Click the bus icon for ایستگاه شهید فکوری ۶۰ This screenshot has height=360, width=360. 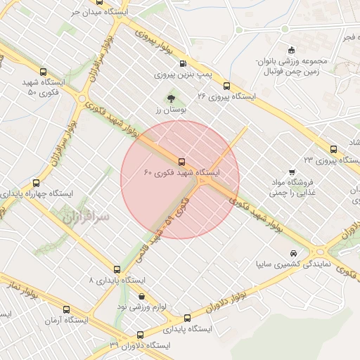182,162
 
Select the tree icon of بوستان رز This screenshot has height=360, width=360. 171,99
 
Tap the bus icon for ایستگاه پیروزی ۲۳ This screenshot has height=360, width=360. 333,149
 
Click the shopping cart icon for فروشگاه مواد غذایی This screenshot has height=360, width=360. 292,171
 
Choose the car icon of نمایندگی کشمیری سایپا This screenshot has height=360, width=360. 293,254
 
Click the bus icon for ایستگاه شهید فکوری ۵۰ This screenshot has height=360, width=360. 44,72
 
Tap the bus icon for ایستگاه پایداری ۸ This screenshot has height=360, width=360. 117,269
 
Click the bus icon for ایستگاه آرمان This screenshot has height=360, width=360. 67,309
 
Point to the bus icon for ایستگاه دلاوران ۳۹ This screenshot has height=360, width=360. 140,335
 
